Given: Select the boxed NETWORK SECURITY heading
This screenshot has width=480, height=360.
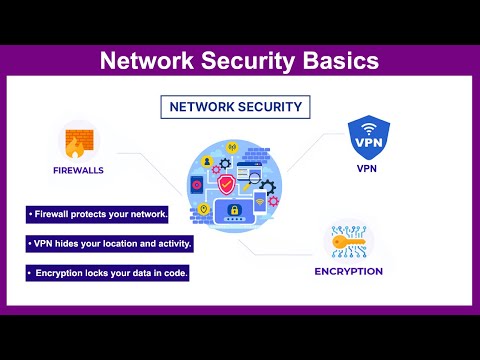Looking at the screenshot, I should (234, 105).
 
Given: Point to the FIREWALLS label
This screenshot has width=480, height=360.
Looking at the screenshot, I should (78, 170).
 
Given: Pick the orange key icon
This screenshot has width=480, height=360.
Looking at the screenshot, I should (348, 241).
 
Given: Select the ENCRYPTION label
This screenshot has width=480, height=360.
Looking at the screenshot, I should (348, 270).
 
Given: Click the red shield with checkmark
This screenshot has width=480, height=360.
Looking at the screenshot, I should (228, 184).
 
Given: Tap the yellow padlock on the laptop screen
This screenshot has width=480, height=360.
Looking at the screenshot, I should (234, 212).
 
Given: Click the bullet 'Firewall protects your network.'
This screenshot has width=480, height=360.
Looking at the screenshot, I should (97, 215).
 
